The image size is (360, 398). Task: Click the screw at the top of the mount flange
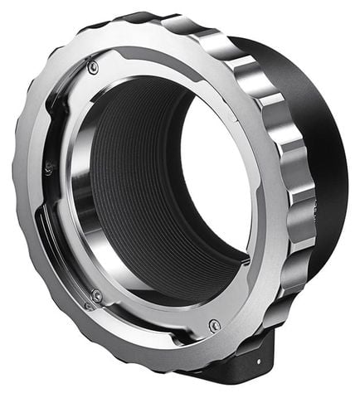[x=93, y=67]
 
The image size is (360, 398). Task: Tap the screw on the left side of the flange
[x=47, y=167]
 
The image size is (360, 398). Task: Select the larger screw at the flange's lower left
[x=97, y=295]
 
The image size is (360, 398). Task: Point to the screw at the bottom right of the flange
[x=215, y=324]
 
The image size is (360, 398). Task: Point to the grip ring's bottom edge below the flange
[x=166, y=373]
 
